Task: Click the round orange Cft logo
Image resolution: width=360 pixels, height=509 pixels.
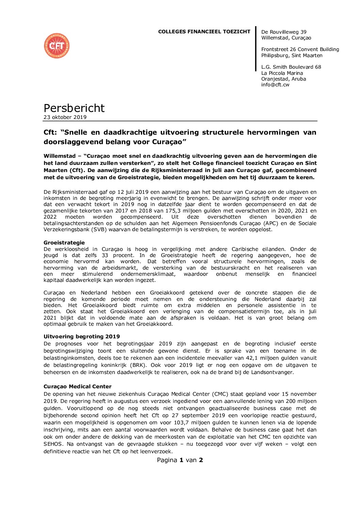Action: click(x=56, y=46)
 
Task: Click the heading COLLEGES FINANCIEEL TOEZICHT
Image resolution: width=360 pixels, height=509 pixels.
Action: click(x=204, y=32)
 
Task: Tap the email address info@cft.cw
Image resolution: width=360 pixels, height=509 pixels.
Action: click(x=275, y=85)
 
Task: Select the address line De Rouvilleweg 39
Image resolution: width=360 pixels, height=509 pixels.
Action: click(x=284, y=32)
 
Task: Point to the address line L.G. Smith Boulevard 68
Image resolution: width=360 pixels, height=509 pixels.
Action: click(x=291, y=67)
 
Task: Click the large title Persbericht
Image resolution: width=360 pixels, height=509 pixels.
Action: click(x=74, y=108)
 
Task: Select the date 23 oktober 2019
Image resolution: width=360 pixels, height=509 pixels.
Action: click(x=65, y=117)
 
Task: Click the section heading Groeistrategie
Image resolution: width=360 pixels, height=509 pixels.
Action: click(x=64, y=243)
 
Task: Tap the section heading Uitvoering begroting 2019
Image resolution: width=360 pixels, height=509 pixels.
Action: click(x=82, y=337)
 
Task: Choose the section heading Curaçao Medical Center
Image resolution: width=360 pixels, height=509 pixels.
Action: click(x=77, y=387)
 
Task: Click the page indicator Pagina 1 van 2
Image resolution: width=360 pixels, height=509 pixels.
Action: click(x=180, y=460)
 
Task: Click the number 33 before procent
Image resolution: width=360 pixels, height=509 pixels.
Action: click(x=105, y=255)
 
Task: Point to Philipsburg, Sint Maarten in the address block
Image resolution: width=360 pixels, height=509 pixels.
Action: click(x=292, y=55)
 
